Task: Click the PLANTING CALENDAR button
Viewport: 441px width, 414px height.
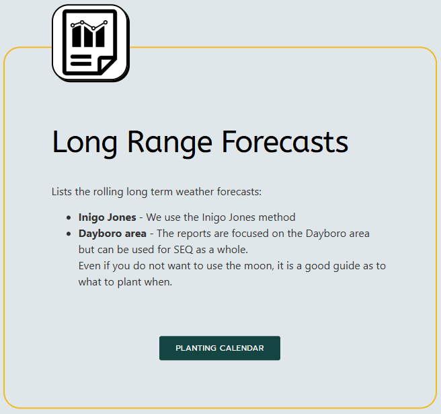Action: (220, 348)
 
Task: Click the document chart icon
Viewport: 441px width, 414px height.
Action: (89, 42)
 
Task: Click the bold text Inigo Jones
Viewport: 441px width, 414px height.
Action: (107, 217)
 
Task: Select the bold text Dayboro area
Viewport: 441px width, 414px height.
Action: (112, 234)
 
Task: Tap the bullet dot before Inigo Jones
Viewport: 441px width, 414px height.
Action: (69, 217)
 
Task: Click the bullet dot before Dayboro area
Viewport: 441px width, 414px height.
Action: (69, 234)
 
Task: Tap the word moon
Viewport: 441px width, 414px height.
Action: (256, 266)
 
